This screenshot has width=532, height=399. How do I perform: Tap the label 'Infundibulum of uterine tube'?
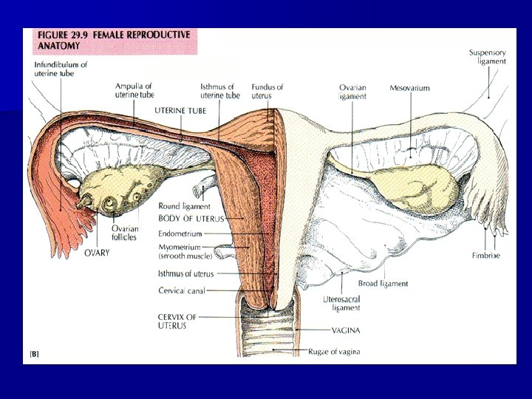(x=61, y=69)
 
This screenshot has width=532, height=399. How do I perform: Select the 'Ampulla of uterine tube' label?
(x=134, y=91)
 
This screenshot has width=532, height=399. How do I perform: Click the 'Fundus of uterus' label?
(x=267, y=91)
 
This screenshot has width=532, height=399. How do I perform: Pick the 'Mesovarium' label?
(x=409, y=88)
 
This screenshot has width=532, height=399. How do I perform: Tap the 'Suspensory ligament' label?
(x=488, y=56)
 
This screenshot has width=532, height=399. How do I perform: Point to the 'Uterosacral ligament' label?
(x=341, y=303)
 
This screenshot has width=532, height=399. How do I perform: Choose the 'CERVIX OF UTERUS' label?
(x=177, y=321)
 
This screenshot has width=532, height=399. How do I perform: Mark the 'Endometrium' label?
(x=180, y=233)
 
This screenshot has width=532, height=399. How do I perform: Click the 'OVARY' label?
(x=97, y=253)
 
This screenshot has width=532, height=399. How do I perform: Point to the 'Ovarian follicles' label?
(x=125, y=233)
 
